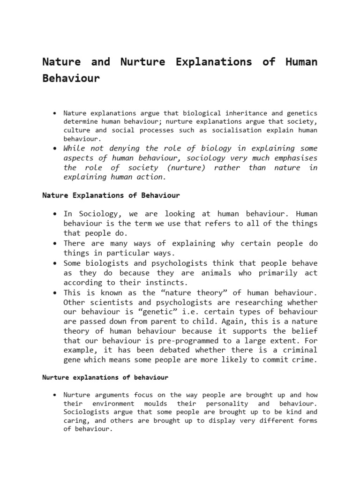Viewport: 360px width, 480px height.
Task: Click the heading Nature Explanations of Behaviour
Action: pyautogui.click(x=111, y=195)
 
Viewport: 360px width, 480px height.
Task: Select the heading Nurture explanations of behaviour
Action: pyautogui.click(x=105, y=377)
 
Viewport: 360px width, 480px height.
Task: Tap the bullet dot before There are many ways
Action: pyautogui.click(x=55, y=243)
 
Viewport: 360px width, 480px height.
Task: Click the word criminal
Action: pyautogui.click(x=297, y=350)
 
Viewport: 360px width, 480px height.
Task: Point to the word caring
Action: pyautogui.click(x=75, y=420)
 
